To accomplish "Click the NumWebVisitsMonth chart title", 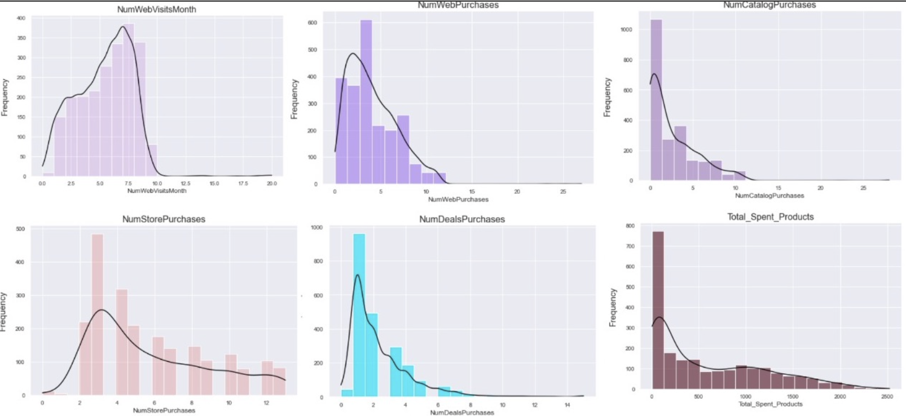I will pyautogui.click(x=156, y=10).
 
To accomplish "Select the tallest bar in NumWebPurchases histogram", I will pyautogui.click(x=366, y=101).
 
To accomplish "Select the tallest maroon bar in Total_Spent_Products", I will pyautogui.click(x=658, y=310).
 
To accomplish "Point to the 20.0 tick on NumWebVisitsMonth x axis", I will pyautogui.click(x=271, y=184).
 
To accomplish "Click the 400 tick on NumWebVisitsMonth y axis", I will pyautogui.click(x=21, y=18).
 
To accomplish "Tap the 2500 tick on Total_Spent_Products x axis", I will pyautogui.click(x=886, y=397).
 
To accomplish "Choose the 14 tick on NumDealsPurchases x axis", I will pyautogui.click(x=568, y=405).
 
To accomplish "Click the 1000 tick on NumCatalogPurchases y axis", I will pyautogui.click(x=626, y=29).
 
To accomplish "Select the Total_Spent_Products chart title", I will pyautogui.click(x=770, y=217).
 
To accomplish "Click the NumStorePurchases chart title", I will pyautogui.click(x=164, y=219).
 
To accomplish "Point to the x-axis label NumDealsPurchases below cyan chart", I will pyautogui.click(x=461, y=413).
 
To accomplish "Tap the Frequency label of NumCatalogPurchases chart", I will pyautogui.click(x=608, y=97).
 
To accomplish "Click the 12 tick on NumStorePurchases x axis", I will pyautogui.click(x=266, y=403).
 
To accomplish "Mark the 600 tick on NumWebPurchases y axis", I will pyautogui.click(x=312, y=23).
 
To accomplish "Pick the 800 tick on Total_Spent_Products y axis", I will pyautogui.click(x=630, y=225).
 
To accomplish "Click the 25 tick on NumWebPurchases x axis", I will pyautogui.click(x=563, y=192).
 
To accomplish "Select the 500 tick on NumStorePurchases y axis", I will pyautogui.click(x=20, y=229).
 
